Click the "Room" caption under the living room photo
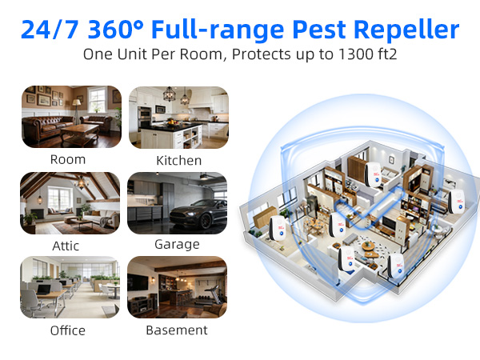tap(67, 159)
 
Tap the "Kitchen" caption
tap(179, 160)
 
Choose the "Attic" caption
tap(66, 246)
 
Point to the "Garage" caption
tap(178, 245)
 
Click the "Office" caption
tap(67, 330)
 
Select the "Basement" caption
tap(177, 330)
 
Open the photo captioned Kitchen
tap(178, 117)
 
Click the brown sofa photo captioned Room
tap(70, 117)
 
